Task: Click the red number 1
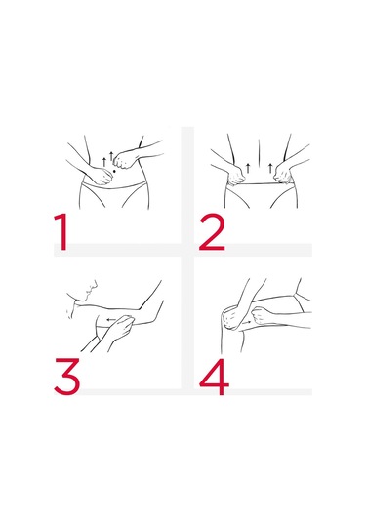click(61, 231)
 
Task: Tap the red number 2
click(212, 231)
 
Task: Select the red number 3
click(67, 377)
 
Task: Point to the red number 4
click(214, 377)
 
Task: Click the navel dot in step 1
click(114, 171)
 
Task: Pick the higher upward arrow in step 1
click(111, 156)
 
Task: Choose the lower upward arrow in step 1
click(104, 162)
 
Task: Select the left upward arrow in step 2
click(248, 168)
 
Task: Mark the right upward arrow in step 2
click(270, 168)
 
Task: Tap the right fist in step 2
click(283, 173)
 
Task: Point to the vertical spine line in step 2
click(259, 152)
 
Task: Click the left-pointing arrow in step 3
click(111, 320)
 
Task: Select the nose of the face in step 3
click(96, 283)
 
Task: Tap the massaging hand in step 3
click(121, 328)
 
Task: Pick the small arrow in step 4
click(247, 323)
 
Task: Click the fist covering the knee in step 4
click(231, 319)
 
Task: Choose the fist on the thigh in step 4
click(263, 315)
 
